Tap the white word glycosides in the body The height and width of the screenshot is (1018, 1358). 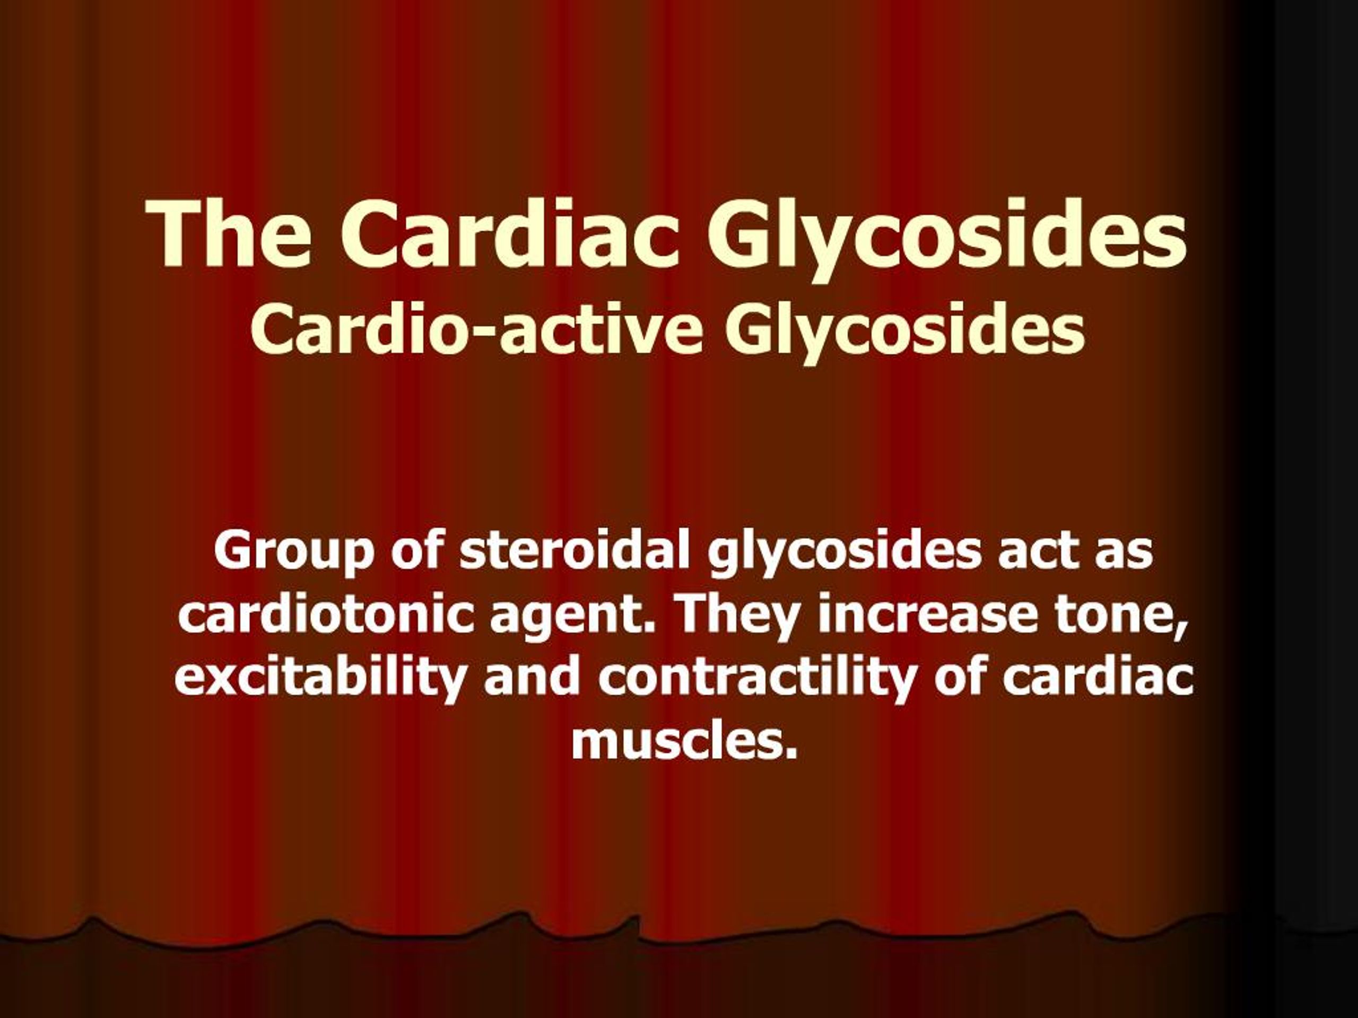click(x=843, y=551)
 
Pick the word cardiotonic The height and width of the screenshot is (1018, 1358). click(x=325, y=613)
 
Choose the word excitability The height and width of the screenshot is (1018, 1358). click(x=319, y=678)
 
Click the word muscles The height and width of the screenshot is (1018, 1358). click(x=684, y=742)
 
